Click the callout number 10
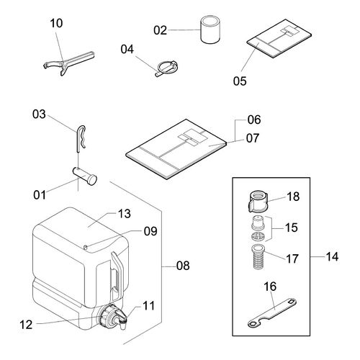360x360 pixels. click(x=56, y=23)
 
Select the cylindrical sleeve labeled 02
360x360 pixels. click(x=210, y=30)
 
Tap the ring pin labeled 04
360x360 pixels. click(x=166, y=68)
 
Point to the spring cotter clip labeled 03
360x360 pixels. click(x=81, y=139)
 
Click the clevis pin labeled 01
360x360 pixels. click(x=85, y=176)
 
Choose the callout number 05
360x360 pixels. click(x=240, y=81)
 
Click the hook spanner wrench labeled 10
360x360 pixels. click(x=68, y=63)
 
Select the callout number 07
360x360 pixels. click(x=253, y=138)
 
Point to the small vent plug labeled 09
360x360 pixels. click(x=86, y=247)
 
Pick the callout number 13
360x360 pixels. click(x=125, y=214)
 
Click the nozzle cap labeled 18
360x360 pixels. click(x=258, y=202)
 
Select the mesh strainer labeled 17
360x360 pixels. click(x=258, y=257)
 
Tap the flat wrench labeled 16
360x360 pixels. click(x=271, y=312)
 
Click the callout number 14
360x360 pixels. click(x=332, y=257)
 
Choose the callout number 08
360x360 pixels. click(x=183, y=266)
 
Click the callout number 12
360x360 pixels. click(x=26, y=325)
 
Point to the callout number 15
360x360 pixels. click(x=291, y=228)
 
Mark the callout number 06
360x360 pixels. click(x=254, y=120)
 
